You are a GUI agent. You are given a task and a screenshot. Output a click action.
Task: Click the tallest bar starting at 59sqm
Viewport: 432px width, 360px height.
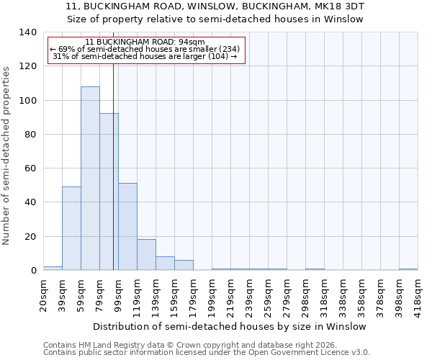click(90, 178)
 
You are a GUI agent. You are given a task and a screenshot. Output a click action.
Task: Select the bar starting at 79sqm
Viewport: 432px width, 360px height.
click(109, 192)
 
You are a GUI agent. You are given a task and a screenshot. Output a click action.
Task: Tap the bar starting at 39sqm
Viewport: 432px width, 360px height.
click(71, 228)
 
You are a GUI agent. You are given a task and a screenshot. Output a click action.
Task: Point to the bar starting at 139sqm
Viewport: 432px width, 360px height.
click(165, 264)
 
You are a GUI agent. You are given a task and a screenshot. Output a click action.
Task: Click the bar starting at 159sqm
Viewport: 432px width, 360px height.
click(184, 265)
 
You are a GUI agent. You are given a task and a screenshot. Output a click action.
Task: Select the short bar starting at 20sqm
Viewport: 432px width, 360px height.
click(53, 269)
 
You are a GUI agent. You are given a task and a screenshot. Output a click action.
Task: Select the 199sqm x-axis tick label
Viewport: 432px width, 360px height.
click(212, 294)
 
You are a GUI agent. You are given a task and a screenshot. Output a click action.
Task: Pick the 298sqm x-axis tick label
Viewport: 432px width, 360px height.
click(305, 294)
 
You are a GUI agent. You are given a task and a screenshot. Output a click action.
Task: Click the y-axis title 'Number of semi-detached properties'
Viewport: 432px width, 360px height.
click(6, 155)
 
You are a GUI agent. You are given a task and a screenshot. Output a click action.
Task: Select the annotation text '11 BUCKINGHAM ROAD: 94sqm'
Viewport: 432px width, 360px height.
click(145, 42)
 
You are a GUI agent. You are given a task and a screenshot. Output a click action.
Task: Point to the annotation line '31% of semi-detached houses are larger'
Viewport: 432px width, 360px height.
click(145, 56)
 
